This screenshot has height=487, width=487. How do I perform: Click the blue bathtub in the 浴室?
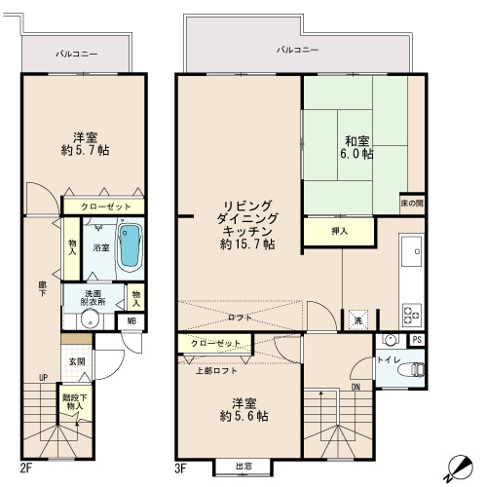pyautogui.click(x=130, y=246)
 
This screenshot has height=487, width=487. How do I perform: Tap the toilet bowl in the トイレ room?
pyautogui.click(x=410, y=370)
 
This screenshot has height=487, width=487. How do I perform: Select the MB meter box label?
pyautogui.click(x=131, y=321)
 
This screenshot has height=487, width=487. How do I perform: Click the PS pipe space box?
pyautogui.click(x=417, y=340)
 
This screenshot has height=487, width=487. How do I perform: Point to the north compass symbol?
pyautogui.click(x=459, y=468)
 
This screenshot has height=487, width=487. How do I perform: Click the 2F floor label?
pyautogui.click(x=26, y=468)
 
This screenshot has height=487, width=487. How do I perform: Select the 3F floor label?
pyautogui.click(x=180, y=468)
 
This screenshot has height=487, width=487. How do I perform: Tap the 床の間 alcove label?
pyautogui.click(x=412, y=204)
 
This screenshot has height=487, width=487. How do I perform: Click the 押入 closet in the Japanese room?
pyautogui.click(x=339, y=231)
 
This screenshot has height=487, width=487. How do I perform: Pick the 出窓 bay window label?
pyautogui.click(x=243, y=467)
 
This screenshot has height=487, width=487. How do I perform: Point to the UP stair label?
pyautogui.click(x=43, y=378)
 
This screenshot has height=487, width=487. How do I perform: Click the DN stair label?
pyautogui.click(x=356, y=387)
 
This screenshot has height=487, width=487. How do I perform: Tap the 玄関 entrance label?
pyautogui.click(x=77, y=361)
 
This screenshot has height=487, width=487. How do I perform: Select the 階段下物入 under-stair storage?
pyautogui.click(x=75, y=402)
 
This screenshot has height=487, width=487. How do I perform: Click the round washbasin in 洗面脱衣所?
pyautogui.click(x=90, y=319)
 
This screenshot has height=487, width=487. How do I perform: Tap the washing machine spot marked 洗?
pyautogui.click(x=358, y=319)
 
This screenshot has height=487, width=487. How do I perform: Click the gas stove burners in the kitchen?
pyautogui.click(x=412, y=315)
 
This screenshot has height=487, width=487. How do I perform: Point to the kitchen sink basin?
pyautogui.click(x=411, y=251)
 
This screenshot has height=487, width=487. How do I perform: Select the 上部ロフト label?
pyautogui.click(x=216, y=371)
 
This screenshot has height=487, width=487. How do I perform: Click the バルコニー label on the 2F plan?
pyautogui.click(x=76, y=54)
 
